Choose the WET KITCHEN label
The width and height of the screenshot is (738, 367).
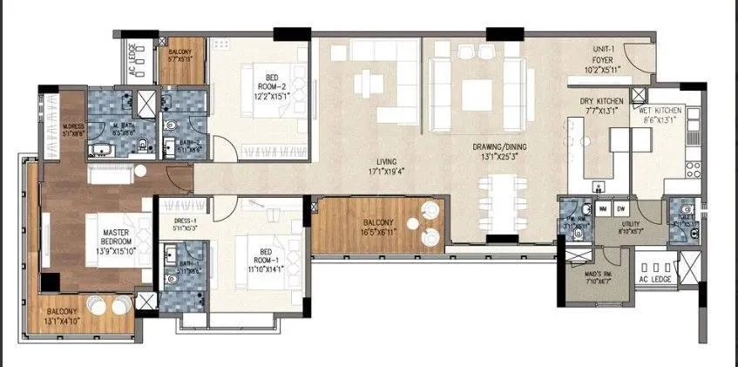[661, 111]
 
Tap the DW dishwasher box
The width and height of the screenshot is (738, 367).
[621, 210]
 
